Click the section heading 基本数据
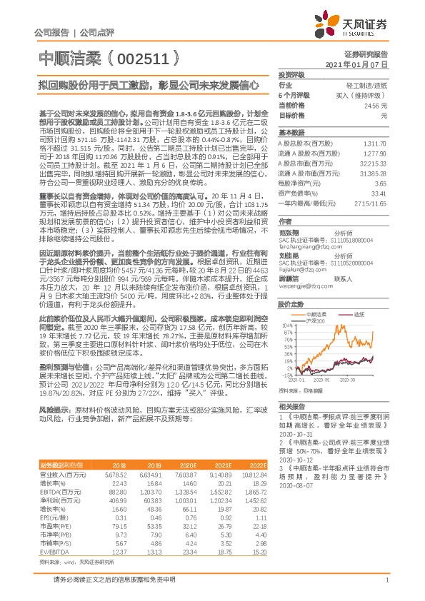(x=291, y=133)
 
